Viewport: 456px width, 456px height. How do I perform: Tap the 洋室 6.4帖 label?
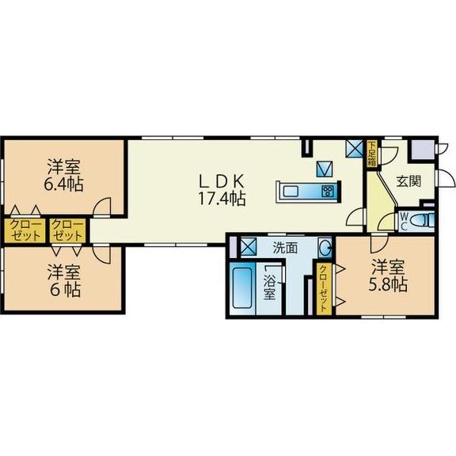tap(63, 176)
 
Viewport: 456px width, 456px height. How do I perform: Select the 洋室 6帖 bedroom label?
tap(64, 280)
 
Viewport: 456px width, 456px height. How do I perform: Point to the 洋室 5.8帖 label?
tap(388, 275)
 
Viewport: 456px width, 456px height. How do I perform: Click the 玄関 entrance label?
tap(408, 181)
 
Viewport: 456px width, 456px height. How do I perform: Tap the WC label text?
tap(405, 221)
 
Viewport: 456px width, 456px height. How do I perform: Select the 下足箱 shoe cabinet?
tap(372, 154)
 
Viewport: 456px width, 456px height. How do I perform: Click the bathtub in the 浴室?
tap(242, 288)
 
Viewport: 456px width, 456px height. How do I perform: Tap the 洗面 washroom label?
tap(285, 248)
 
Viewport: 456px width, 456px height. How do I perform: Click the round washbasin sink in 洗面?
tap(325, 248)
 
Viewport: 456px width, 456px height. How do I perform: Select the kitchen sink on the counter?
tap(291, 192)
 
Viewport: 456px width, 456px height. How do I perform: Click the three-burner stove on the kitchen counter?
tap(328, 192)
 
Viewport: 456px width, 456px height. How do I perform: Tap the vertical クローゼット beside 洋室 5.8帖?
tap(324, 289)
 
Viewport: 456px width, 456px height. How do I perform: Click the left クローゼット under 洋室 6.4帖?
tap(25, 230)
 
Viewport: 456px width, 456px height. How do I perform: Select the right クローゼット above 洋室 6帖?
tap(68, 230)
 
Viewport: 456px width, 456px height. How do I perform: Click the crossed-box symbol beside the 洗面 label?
tap(249, 247)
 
